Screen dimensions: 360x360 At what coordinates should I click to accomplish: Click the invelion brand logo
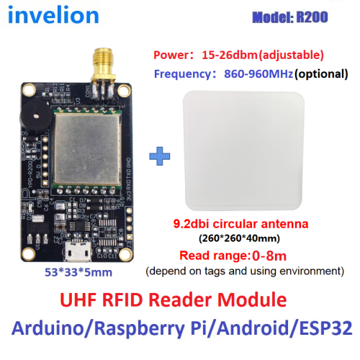(x=53, y=15)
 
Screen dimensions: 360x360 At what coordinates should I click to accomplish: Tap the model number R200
(x=312, y=17)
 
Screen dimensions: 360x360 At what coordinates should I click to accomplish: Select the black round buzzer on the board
(x=35, y=117)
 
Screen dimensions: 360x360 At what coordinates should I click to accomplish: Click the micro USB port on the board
(x=77, y=251)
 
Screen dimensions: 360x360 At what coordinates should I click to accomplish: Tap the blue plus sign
(x=160, y=156)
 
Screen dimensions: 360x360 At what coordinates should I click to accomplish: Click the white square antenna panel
(x=243, y=150)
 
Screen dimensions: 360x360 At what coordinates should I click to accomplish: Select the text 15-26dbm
(x=230, y=55)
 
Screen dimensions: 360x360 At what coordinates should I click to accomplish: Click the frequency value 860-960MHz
(x=258, y=73)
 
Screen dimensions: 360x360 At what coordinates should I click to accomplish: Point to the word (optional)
(x=321, y=73)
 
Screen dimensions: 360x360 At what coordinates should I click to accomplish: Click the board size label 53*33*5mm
(x=78, y=272)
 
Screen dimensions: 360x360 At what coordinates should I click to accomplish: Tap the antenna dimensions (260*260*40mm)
(x=239, y=238)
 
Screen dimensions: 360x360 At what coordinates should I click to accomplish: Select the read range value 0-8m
(x=269, y=256)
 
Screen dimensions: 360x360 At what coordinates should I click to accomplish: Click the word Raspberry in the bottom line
(x=140, y=328)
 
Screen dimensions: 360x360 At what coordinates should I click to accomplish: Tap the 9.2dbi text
(x=192, y=224)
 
